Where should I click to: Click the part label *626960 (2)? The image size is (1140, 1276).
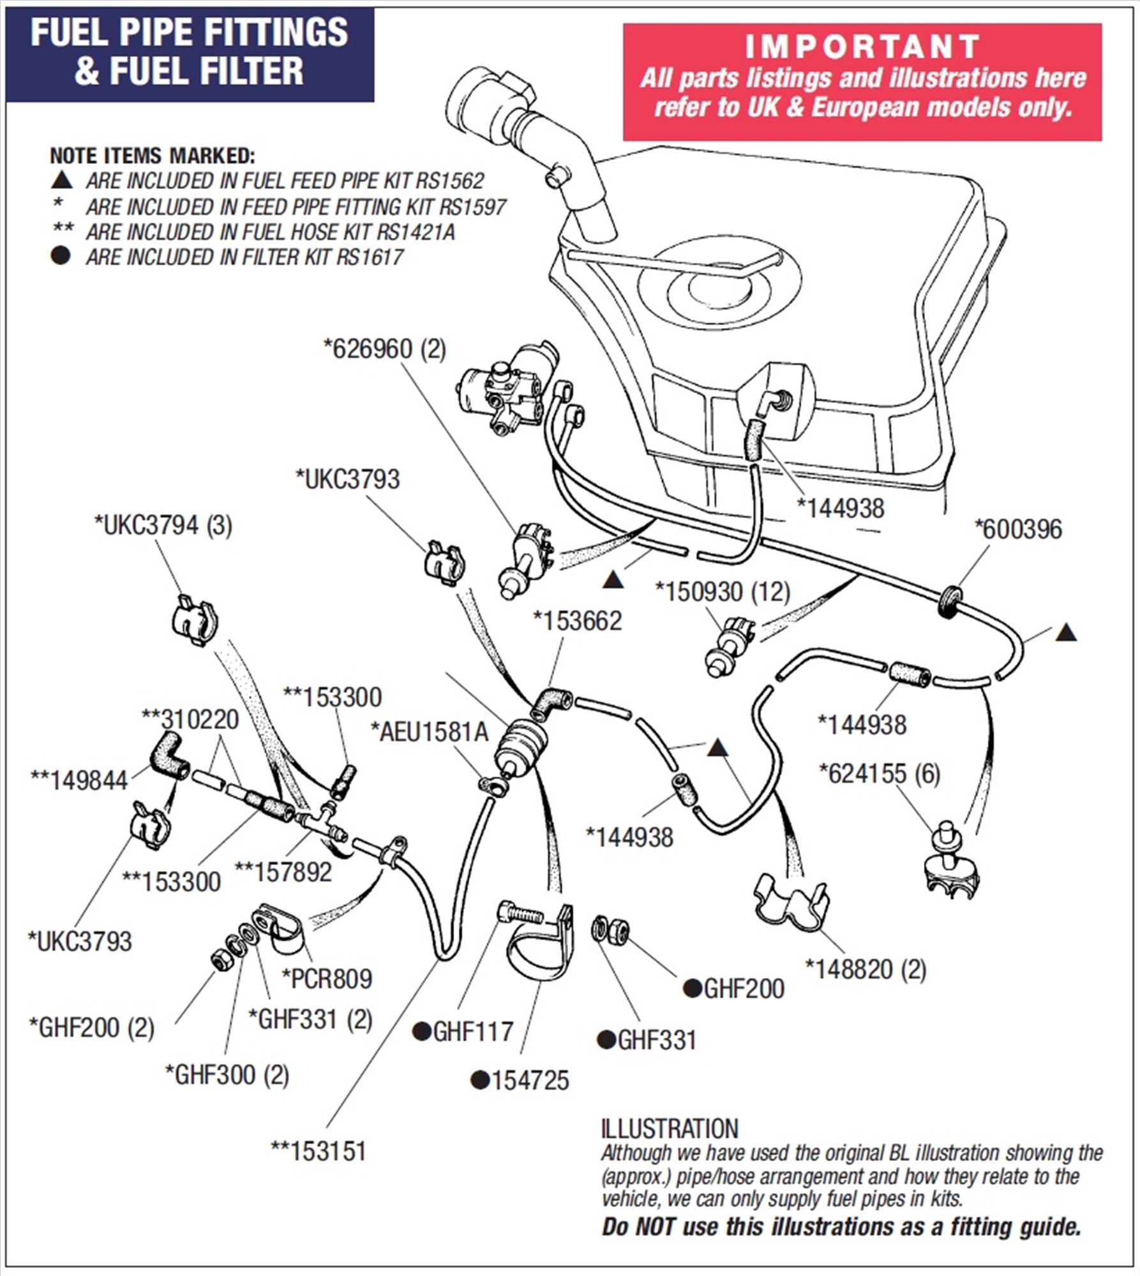tap(385, 350)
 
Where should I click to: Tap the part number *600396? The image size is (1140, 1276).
tap(1017, 529)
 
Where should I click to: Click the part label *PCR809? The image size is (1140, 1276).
tap(327, 979)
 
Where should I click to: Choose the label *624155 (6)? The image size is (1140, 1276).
tap(880, 774)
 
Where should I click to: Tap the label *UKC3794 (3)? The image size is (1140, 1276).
tap(163, 525)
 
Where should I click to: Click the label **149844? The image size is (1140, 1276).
tap(79, 780)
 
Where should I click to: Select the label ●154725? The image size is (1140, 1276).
tap(520, 1080)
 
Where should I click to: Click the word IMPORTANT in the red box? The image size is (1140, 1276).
tap(862, 47)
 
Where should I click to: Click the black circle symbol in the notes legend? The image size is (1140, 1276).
tap(61, 256)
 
